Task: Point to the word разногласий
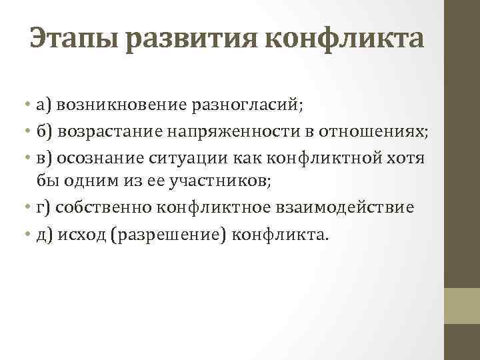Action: (243, 105)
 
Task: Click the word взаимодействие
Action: (351, 208)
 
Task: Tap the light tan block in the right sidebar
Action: (462, 305)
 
